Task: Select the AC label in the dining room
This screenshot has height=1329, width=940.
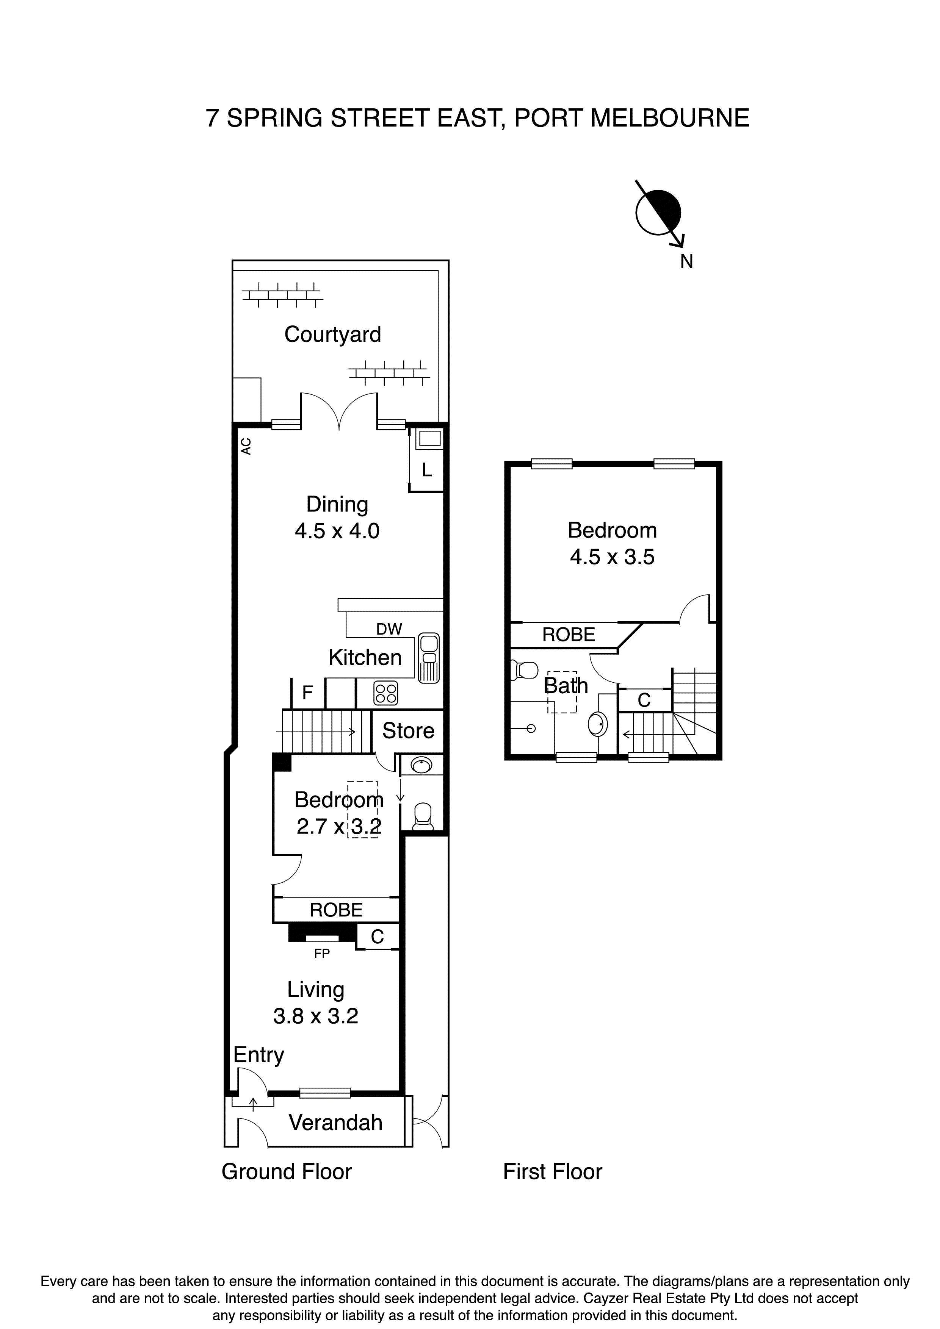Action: (x=246, y=446)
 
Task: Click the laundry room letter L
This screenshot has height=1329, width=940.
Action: (x=427, y=470)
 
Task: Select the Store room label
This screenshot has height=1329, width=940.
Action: (x=408, y=730)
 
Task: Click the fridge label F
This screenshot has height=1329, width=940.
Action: (x=307, y=692)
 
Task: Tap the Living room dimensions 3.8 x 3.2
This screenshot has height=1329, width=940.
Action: (x=316, y=1016)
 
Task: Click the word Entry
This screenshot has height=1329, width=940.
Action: (x=258, y=1055)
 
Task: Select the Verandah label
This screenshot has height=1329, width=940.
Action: (x=335, y=1123)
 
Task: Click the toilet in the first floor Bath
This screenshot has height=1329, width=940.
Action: (x=525, y=670)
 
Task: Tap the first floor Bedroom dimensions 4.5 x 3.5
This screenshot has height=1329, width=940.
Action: (x=612, y=557)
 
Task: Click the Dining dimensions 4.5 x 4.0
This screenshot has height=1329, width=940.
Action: (x=337, y=531)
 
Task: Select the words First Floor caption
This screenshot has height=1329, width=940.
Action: (x=553, y=1171)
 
